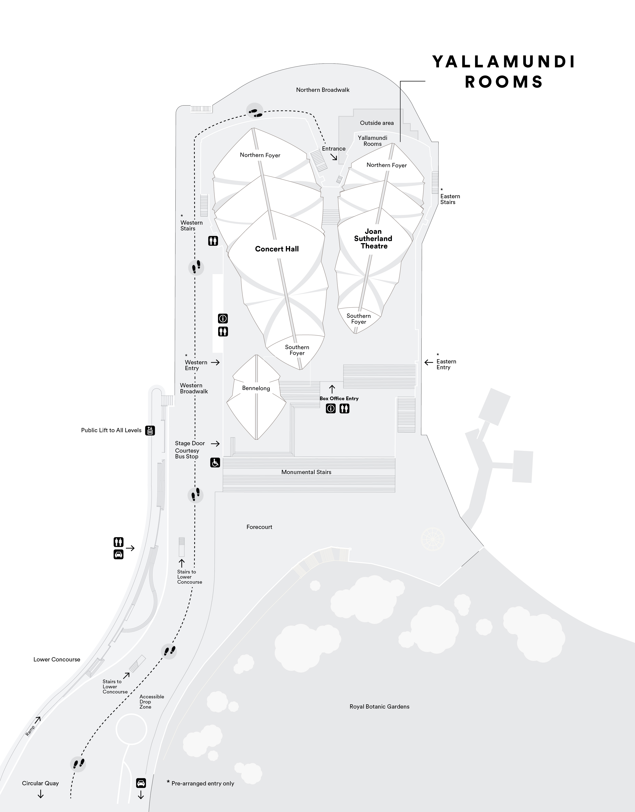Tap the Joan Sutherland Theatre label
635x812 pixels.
tap(373, 239)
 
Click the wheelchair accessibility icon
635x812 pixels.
tap(215, 462)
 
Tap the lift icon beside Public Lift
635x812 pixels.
tap(150, 430)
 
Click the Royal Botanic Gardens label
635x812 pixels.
tap(379, 706)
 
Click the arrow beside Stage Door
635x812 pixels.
tap(215, 443)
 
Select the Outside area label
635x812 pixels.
tap(377, 123)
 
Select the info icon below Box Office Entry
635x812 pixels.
tap(330, 409)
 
